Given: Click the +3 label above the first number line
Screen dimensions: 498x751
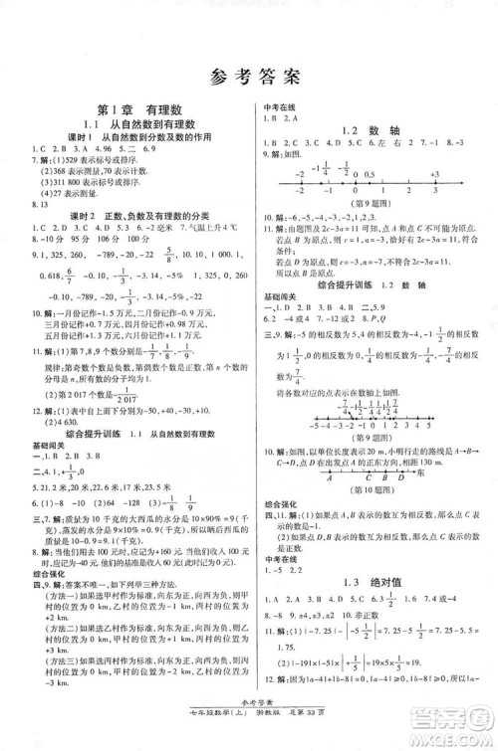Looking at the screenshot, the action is point(434,174).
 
